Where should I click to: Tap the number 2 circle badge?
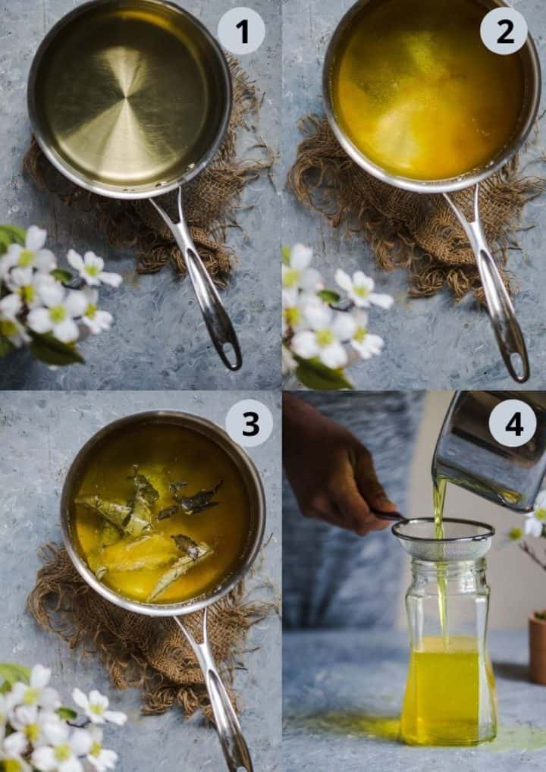click(x=504, y=31)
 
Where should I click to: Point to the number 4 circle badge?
click(x=512, y=423)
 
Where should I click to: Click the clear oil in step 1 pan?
click(x=125, y=99)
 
